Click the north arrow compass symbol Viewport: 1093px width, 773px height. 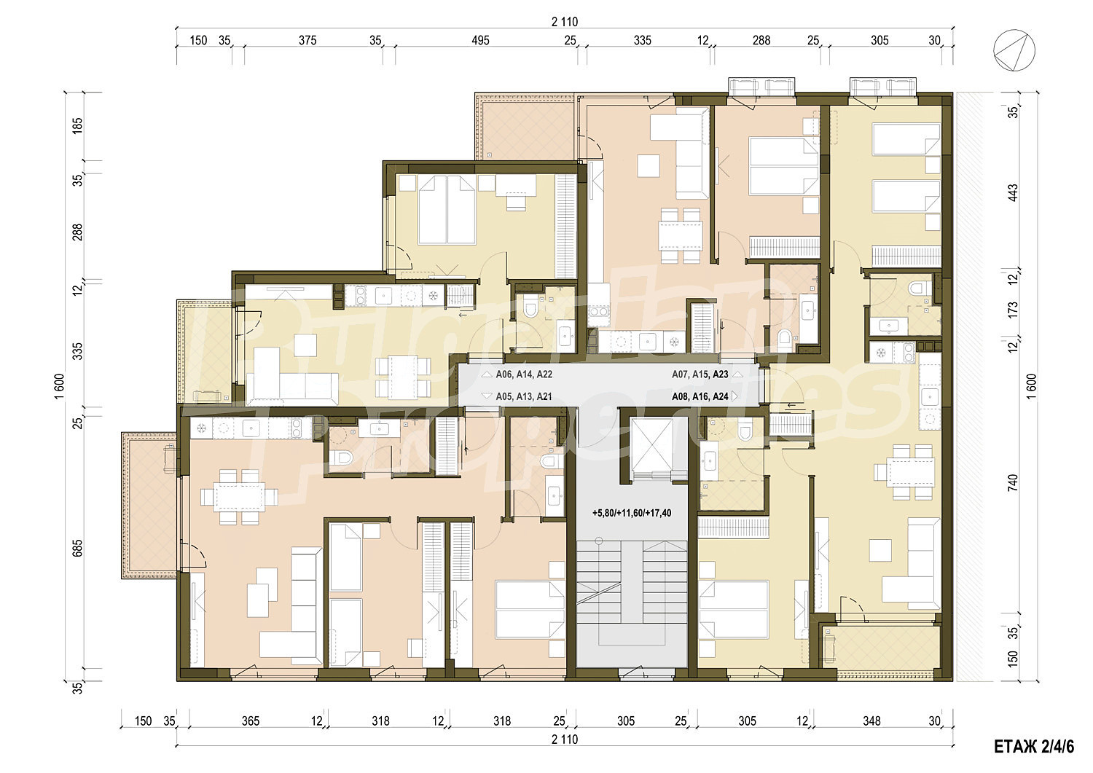(x=1014, y=50)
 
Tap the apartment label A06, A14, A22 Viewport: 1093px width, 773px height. (x=524, y=374)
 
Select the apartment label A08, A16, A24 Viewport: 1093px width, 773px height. (x=700, y=396)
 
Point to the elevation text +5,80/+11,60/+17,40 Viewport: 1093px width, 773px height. (x=632, y=513)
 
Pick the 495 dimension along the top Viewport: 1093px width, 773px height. (x=480, y=41)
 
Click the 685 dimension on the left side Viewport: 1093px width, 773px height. (x=77, y=549)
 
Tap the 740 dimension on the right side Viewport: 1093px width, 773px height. (x=1013, y=482)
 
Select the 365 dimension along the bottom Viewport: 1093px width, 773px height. (x=251, y=721)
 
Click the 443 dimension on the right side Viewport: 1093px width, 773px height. (x=1013, y=192)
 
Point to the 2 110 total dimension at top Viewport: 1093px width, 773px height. (x=565, y=22)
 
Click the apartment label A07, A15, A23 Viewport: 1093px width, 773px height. (x=700, y=374)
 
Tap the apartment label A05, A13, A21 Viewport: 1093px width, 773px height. (x=524, y=396)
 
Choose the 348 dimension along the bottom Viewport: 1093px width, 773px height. (x=871, y=721)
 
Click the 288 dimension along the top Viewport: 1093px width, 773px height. (x=761, y=41)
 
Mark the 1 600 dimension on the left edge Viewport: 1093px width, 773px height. (x=59, y=386)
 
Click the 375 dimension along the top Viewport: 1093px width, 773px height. (x=307, y=41)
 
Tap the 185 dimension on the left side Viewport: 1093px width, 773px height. (x=77, y=126)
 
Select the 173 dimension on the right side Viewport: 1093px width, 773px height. (x=1013, y=310)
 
